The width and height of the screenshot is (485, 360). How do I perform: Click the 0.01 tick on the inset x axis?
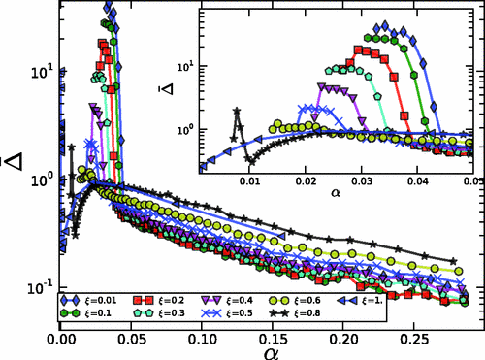click(250, 182)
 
